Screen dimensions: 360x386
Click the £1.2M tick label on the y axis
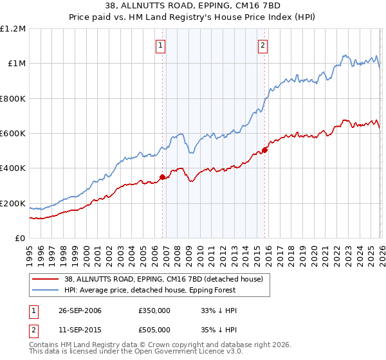(x=13, y=28)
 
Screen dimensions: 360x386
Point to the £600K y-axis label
(x=13, y=133)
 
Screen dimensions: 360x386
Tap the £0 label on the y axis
(x=21, y=238)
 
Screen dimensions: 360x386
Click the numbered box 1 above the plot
(x=160, y=45)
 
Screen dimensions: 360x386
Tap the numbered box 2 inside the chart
(x=263, y=45)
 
